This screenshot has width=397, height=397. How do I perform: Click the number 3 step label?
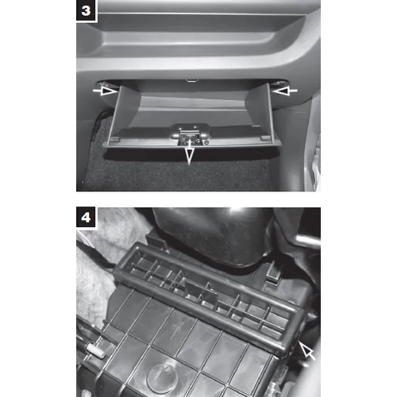[x=86, y=10]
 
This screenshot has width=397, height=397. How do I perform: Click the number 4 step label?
[x=86, y=218]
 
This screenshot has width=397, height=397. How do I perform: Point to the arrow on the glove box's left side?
[x=105, y=91]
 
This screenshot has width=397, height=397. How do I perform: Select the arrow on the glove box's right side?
[x=285, y=91]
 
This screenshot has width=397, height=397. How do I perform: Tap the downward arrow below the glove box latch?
[x=190, y=152]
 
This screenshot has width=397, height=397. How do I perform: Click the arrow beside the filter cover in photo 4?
[x=307, y=350]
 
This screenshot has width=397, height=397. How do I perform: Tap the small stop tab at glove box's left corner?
[x=114, y=139]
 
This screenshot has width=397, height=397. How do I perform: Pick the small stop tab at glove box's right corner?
[x=265, y=138]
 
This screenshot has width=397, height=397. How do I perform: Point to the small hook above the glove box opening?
[x=192, y=80]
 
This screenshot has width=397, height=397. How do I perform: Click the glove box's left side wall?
[x=124, y=113]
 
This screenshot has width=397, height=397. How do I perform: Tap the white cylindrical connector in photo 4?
[x=96, y=349]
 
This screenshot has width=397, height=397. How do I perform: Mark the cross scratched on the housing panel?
[x=175, y=331]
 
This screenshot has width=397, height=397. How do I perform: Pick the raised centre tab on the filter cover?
[x=202, y=291]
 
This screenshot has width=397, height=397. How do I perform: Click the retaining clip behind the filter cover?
[x=273, y=273]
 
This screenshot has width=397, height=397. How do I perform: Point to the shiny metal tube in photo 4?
[x=307, y=241]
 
